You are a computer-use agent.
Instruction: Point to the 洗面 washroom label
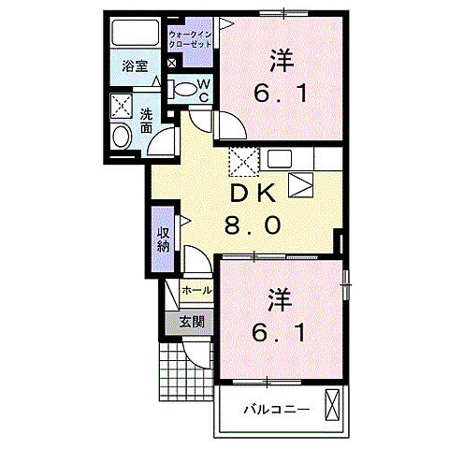[147, 123]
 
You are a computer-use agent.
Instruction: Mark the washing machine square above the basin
[122, 106]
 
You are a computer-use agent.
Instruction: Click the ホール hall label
[196, 291]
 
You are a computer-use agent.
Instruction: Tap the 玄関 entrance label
[193, 323]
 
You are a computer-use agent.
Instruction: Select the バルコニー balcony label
[277, 409]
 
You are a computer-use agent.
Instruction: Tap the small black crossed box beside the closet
[171, 64]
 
